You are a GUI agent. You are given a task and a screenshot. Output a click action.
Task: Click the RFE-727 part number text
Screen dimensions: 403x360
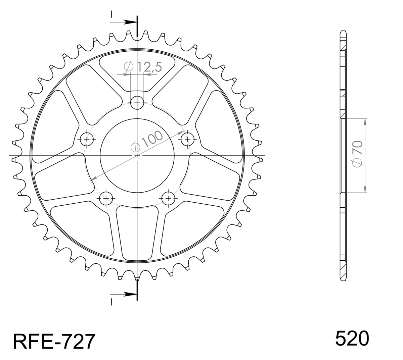point(54,342)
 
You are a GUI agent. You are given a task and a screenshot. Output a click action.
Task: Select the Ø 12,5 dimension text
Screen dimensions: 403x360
point(143,67)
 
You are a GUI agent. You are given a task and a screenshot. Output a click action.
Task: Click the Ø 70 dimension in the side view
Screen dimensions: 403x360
point(357,154)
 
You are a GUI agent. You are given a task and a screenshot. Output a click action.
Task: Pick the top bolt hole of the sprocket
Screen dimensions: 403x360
point(137,103)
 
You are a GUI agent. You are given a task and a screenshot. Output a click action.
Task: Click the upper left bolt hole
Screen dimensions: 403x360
point(87,139)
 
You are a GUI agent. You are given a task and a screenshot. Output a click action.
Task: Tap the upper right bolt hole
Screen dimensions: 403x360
point(188,139)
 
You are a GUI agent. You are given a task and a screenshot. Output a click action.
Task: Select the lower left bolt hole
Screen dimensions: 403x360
point(106,198)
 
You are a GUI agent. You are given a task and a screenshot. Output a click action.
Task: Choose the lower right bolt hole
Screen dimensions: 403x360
point(168,198)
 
